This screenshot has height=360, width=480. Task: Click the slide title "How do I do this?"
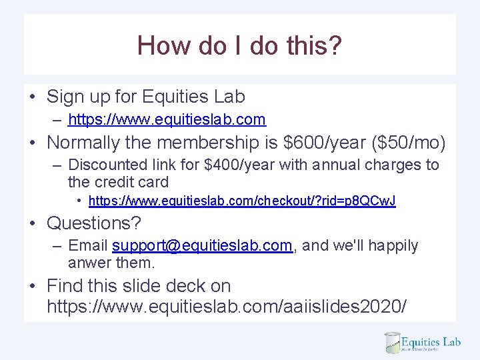pos(239,45)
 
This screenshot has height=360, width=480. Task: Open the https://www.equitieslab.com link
pos(167,120)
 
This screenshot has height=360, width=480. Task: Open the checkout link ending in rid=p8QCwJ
pos(242,201)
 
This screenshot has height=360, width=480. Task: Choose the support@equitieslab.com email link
pos(202,245)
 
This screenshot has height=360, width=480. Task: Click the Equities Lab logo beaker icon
pos(393,343)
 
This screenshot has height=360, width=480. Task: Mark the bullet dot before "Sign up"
pos(32,97)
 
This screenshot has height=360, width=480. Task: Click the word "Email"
pos(88,245)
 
